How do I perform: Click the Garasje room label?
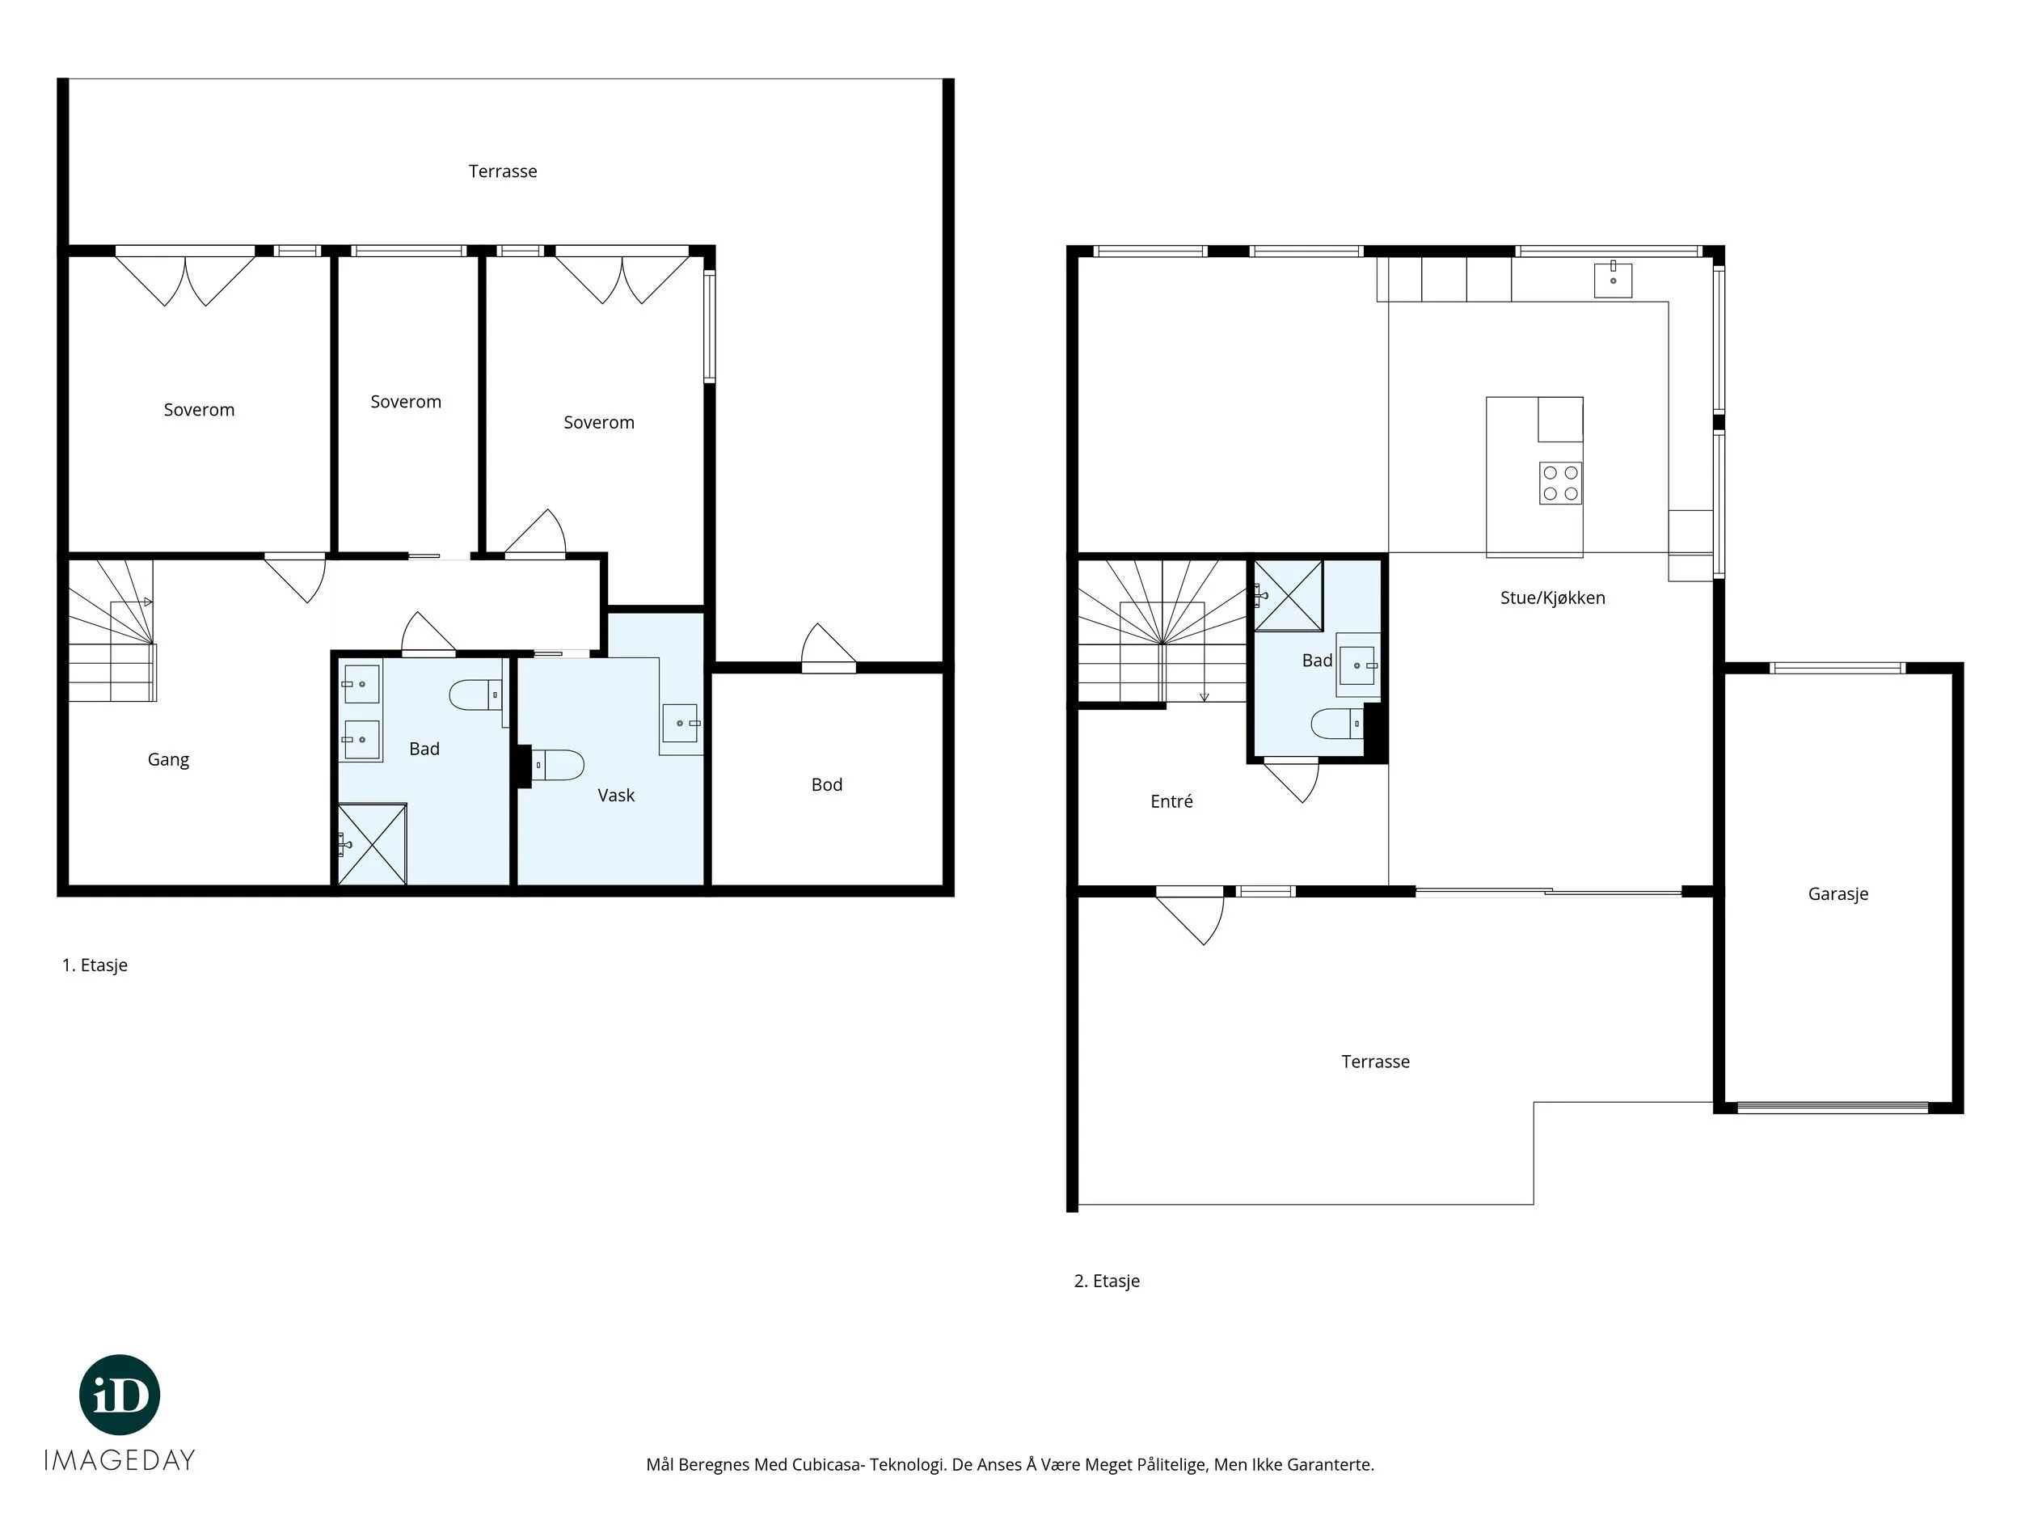(x=1837, y=894)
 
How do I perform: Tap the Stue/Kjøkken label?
(x=1552, y=598)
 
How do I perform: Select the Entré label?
(x=1171, y=801)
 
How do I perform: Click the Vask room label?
(x=616, y=795)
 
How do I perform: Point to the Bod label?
(x=827, y=784)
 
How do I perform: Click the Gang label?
(x=168, y=759)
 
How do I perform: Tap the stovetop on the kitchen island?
(x=1559, y=484)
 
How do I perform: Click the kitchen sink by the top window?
(x=1613, y=279)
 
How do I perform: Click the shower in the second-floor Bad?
(x=1289, y=595)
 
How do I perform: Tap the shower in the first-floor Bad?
(x=372, y=843)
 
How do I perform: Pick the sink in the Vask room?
(x=680, y=723)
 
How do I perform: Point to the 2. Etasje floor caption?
(x=1107, y=1282)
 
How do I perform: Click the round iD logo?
(x=120, y=1395)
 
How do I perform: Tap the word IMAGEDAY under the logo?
(x=120, y=1460)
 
